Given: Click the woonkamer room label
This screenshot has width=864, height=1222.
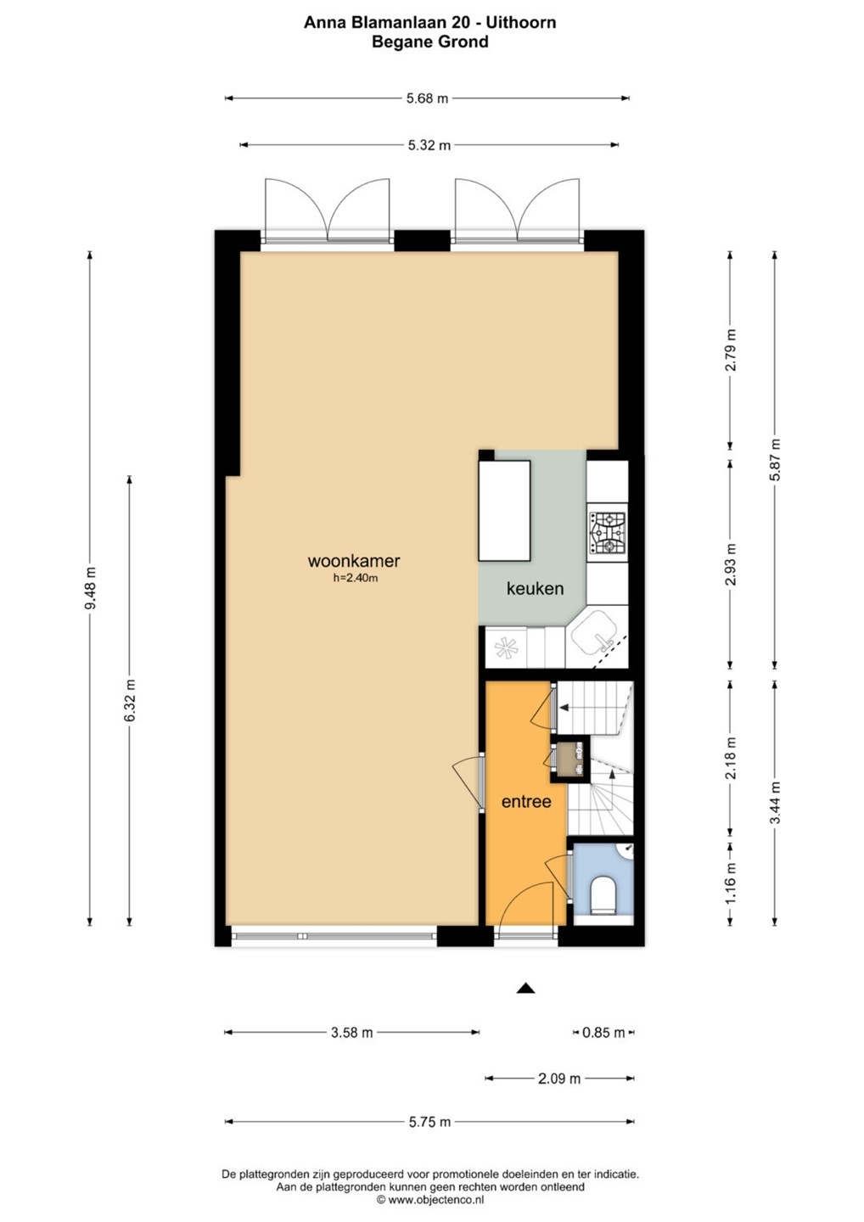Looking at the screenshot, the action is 353,561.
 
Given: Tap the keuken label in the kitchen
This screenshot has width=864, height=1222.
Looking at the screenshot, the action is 535,588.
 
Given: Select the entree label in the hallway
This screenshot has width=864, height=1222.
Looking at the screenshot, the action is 526,801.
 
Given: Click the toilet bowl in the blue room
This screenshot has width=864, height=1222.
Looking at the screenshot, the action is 603,894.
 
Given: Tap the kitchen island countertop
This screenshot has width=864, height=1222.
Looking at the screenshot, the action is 504,511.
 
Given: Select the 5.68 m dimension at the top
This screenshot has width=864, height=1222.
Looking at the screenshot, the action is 427,98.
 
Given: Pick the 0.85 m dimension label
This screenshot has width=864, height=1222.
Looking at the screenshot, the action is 603,1032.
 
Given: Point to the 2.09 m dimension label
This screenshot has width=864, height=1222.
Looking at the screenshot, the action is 559,1079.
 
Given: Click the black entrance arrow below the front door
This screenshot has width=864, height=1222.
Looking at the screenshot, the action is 526,988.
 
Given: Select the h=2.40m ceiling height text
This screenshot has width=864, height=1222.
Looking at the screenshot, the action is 356,578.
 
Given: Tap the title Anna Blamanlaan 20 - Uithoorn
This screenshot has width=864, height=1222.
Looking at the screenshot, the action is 429,22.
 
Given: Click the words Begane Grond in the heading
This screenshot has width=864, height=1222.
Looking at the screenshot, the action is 429,42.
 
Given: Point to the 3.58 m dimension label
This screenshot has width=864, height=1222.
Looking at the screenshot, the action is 352,1032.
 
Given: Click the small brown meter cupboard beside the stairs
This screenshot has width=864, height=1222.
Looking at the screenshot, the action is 569,759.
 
